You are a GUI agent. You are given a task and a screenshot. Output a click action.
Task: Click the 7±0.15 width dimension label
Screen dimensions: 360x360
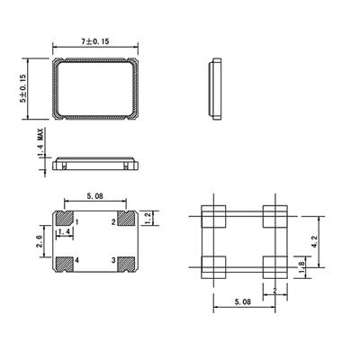[95, 41]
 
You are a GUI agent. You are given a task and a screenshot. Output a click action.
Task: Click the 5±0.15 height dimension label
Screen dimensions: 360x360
[23, 89]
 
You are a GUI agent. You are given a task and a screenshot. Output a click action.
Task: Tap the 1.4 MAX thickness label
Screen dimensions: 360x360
[40, 142]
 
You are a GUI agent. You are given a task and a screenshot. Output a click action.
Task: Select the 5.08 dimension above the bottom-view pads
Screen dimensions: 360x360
[94, 196]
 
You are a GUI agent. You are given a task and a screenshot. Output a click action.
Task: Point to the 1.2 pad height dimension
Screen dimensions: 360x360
[148, 218]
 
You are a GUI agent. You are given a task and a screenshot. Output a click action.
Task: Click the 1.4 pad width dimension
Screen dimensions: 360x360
[65, 231]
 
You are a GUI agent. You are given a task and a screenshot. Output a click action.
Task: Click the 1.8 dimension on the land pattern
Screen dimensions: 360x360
[301, 267]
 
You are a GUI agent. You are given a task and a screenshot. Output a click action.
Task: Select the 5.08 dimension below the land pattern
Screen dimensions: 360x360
[242, 301]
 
